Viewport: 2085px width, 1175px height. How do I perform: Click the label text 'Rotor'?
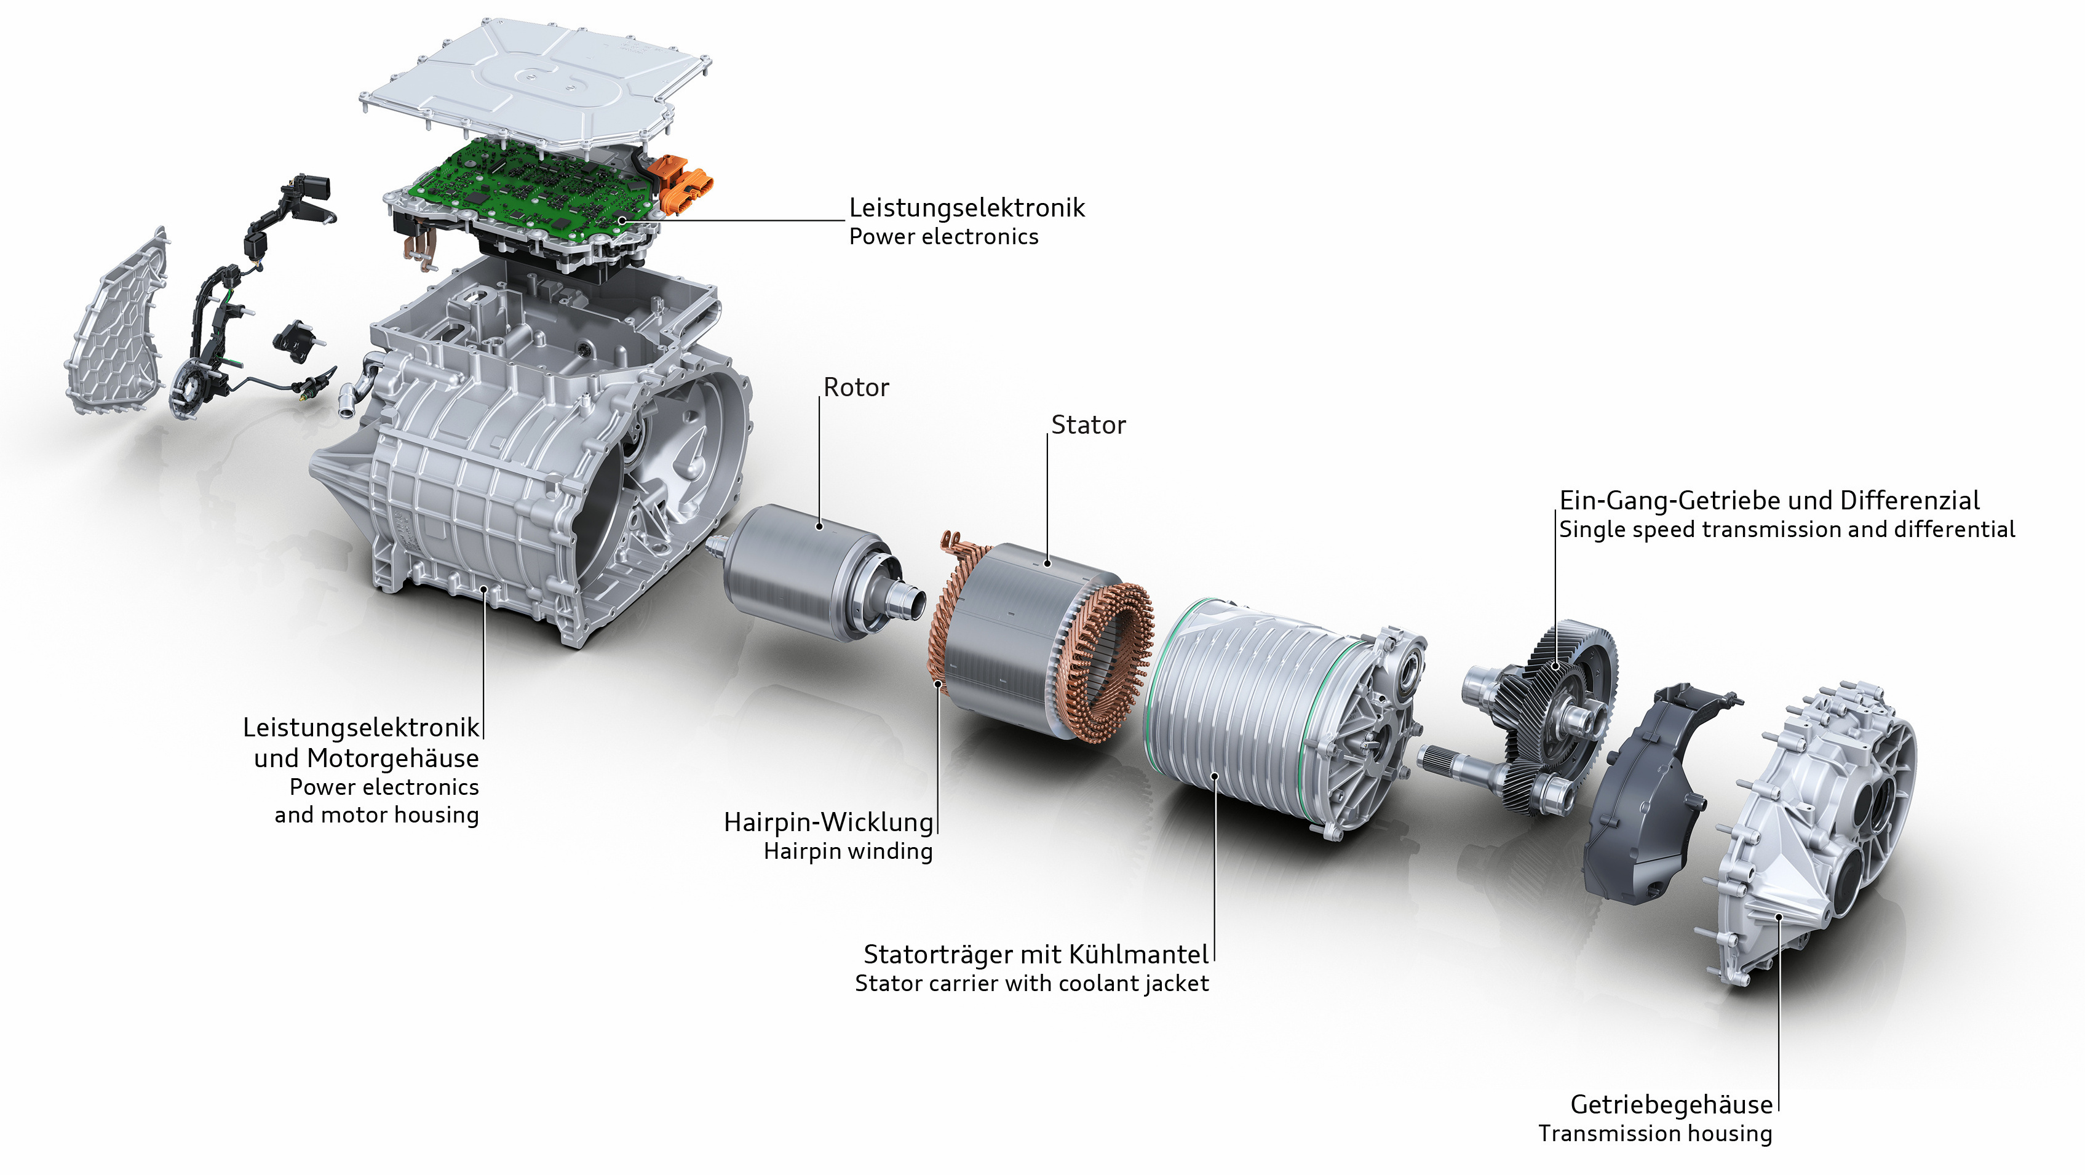coord(856,388)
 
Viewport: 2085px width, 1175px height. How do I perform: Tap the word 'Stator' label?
coord(1088,425)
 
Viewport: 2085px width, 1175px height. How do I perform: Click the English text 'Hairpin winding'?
coord(848,851)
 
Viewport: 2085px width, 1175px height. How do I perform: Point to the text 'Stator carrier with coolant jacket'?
coord(1032,983)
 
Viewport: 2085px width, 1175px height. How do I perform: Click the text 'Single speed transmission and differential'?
coord(1787,530)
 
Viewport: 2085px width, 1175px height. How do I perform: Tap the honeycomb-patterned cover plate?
coord(117,324)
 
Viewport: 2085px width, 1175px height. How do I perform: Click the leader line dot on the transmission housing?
coord(1779,917)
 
